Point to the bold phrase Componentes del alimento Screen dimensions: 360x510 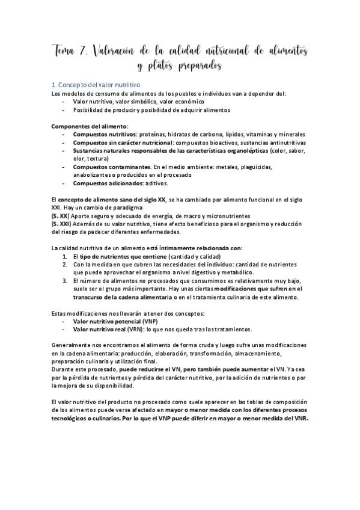click(x=90, y=126)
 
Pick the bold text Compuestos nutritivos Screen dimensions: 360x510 click(x=104, y=134)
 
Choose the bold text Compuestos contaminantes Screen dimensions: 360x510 click(x=111, y=167)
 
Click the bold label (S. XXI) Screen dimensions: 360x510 click(x=62, y=223)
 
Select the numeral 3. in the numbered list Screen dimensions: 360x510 click(x=65, y=280)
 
